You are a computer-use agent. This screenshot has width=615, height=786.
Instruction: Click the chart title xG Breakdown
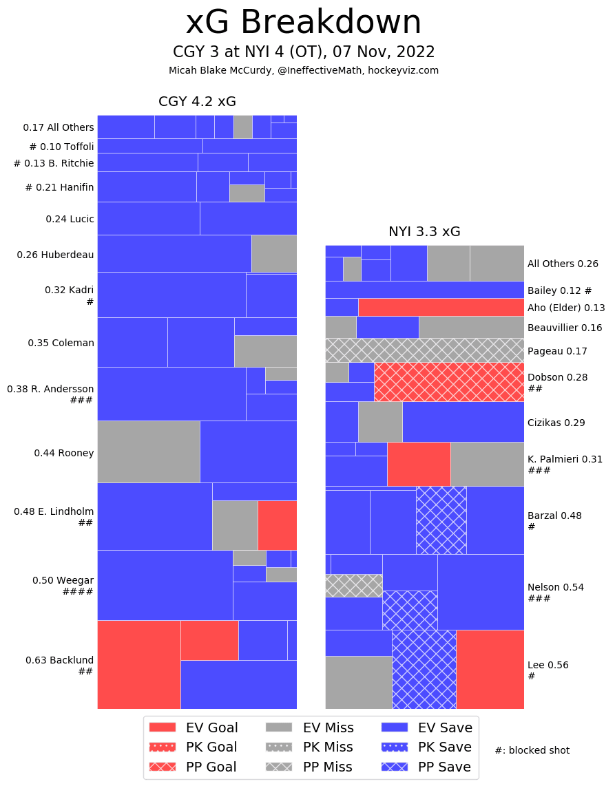(303, 23)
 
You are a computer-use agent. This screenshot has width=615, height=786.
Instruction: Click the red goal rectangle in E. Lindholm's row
(277, 524)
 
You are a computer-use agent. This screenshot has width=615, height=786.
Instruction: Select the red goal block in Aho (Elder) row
(441, 307)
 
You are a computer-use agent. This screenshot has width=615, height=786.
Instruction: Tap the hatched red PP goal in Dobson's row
(448, 381)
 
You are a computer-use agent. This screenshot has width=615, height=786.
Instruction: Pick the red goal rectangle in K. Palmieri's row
(419, 464)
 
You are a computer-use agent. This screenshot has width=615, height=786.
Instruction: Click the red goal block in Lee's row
(490, 669)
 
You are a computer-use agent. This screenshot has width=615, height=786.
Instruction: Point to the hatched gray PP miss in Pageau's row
(424, 350)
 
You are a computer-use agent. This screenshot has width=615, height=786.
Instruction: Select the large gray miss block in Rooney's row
(148, 452)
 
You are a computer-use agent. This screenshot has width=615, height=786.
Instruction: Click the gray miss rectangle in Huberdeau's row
(274, 253)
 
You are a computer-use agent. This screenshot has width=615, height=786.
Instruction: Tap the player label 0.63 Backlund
(59, 660)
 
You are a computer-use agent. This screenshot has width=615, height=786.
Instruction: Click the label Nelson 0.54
(555, 587)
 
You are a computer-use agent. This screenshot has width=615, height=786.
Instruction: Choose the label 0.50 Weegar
(63, 580)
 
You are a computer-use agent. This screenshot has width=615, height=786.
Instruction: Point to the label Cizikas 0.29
(556, 423)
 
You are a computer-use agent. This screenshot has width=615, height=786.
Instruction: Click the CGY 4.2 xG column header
(197, 102)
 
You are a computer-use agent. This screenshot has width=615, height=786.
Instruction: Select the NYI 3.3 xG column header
(424, 232)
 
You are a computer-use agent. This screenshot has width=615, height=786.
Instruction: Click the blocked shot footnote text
(532, 750)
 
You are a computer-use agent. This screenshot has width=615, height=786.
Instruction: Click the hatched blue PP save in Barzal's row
(441, 520)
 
